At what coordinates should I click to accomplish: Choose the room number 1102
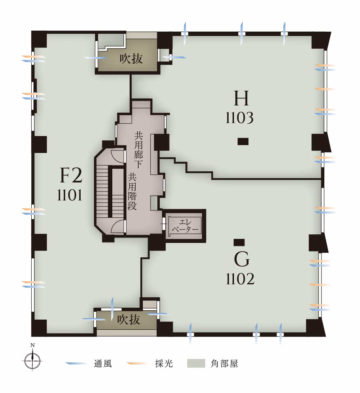click(240, 279)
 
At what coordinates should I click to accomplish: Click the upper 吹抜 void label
click(131, 59)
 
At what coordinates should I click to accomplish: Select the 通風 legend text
click(103, 364)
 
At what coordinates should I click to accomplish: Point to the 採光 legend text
click(164, 364)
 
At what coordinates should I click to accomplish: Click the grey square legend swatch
click(196, 363)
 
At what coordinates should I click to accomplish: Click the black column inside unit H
click(243, 142)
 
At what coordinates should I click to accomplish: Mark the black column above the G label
click(239, 242)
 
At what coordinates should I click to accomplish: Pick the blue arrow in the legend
click(76, 363)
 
